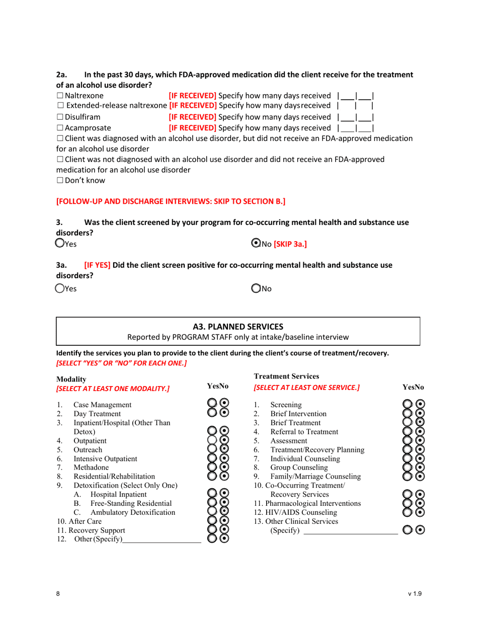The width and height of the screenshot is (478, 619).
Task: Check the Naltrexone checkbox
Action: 60,95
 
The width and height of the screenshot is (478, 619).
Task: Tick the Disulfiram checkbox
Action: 60,117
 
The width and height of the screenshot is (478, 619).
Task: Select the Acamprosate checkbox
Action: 60,128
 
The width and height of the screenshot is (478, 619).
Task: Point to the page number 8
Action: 58,594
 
